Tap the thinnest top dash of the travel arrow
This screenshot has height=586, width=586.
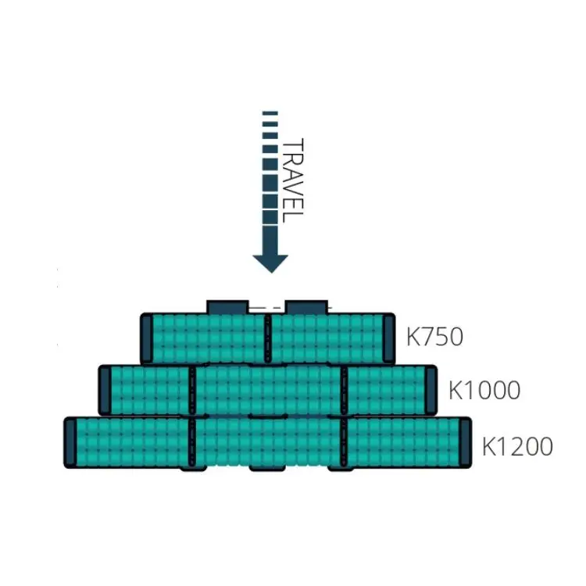click(270, 114)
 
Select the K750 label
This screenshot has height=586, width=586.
click(434, 337)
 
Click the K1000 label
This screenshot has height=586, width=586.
click(484, 389)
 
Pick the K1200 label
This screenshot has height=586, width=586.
click(516, 447)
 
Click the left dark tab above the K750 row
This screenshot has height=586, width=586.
click(227, 306)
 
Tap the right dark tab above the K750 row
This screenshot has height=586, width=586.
click(306, 306)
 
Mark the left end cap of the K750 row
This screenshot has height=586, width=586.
click(147, 338)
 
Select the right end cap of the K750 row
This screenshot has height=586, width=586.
click(388, 338)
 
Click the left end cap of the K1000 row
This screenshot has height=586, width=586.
click(105, 389)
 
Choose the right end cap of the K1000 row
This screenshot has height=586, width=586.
click(430, 389)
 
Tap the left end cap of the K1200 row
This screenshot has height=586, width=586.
click(70, 442)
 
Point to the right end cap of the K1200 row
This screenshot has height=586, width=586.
click(465, 442)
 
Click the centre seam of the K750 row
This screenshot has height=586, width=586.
click(267, 338)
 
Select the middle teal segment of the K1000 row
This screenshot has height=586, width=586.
click(267, 389)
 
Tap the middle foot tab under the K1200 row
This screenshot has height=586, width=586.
click(266, 468)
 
